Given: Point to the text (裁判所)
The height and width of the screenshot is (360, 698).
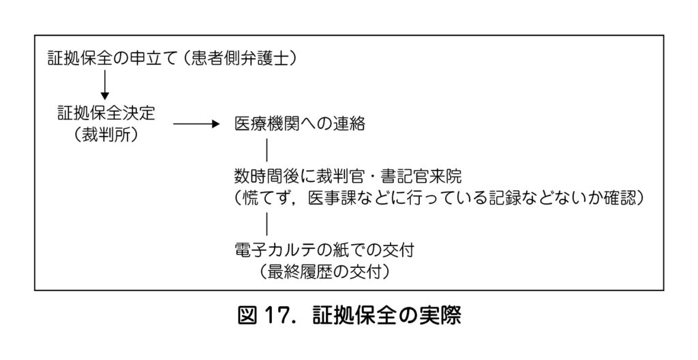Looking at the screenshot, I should pos(106,134).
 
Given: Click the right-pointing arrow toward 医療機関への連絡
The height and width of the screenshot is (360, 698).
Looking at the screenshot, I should pos(198,124).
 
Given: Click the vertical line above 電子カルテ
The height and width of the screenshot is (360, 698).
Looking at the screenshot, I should pos(267,223).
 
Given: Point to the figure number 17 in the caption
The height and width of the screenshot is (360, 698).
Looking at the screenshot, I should pos(277,316).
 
